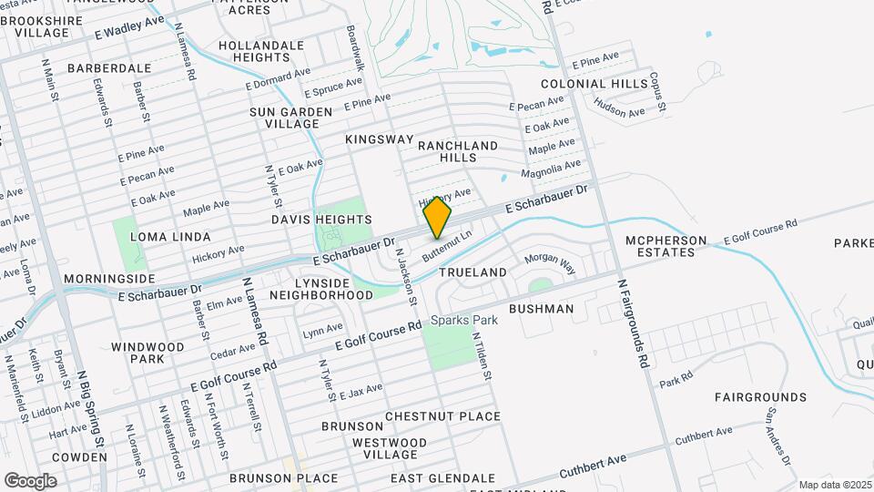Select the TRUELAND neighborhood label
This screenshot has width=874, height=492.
(473, 272)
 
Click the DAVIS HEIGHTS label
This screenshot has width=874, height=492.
(321, 220)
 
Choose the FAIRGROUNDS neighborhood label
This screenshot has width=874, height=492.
(760, 397)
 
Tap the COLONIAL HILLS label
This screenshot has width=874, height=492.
(595, 84)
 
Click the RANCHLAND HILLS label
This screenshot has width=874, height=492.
(458, 151)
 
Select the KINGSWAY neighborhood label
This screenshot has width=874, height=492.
(380, 139)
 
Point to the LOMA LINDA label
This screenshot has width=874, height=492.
(164, 236)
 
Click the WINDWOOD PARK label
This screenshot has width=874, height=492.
(147, 354)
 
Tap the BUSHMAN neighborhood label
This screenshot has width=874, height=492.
(541, 309)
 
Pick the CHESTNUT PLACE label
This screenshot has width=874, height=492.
(442, 416)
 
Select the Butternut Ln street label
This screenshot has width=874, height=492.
(452, 245)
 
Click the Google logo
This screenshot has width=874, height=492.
(30, 480)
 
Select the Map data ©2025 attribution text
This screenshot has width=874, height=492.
(835, 485)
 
